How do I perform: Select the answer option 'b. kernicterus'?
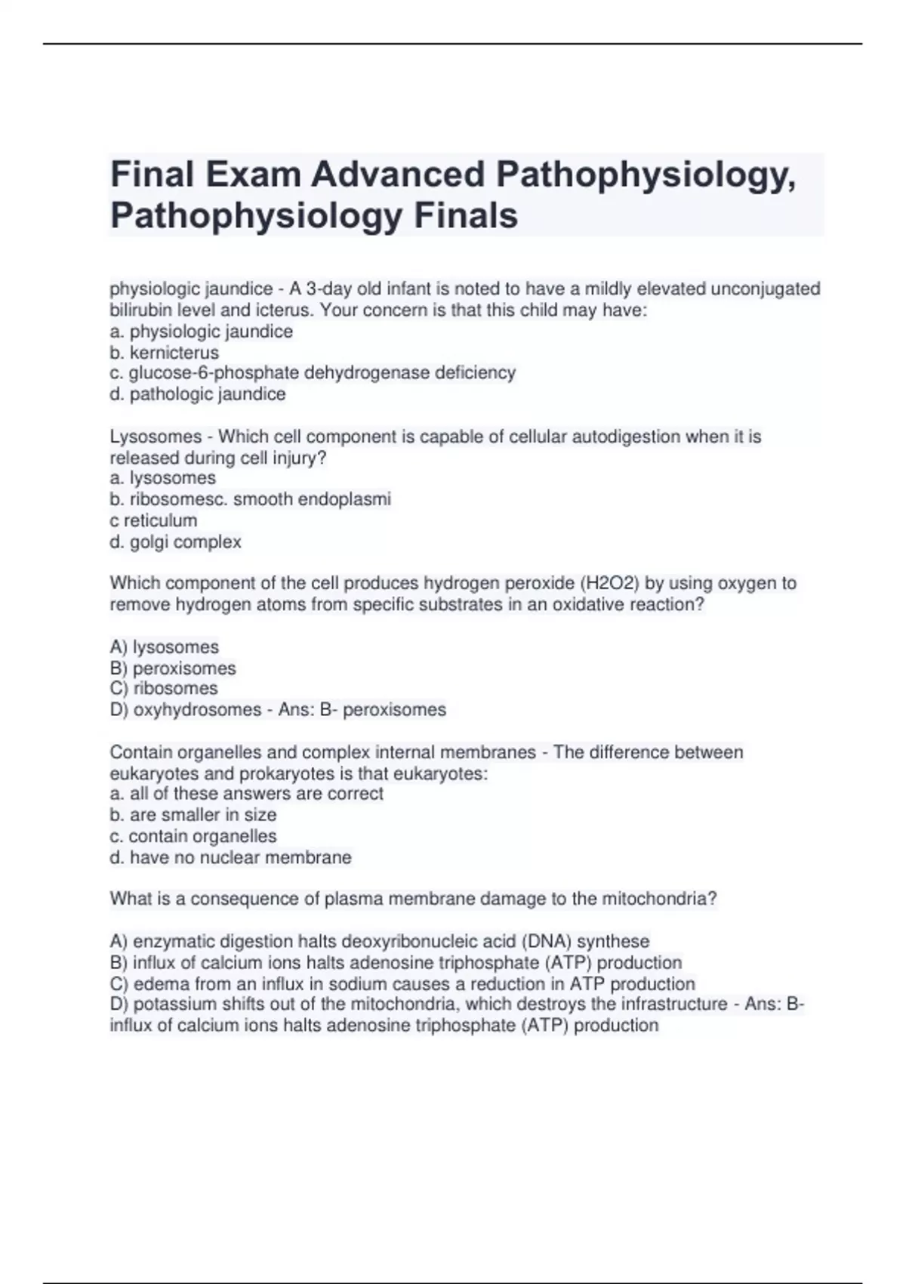point(165,353)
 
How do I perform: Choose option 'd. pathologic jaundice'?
point(198,394)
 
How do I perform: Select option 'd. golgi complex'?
point(176,542)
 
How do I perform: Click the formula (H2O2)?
point(618,583)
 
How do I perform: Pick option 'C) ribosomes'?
point(164,689)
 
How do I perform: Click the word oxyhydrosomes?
point(197,710)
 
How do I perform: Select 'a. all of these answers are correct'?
point(247,794)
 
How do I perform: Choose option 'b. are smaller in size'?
point(193,815)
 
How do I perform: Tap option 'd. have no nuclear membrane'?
point(231,858)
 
